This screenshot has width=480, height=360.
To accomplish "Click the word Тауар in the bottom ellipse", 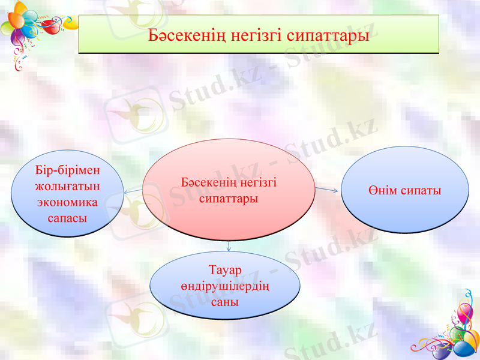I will click(225, 272).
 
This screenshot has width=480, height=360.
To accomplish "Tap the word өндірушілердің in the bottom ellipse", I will click(225, 287).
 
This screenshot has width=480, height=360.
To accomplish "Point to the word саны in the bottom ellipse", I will click(225, 302).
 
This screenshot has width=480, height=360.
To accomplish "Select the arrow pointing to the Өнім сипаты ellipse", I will click(328, 190).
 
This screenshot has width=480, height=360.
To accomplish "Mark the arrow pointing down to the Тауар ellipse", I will click(229, 245).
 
